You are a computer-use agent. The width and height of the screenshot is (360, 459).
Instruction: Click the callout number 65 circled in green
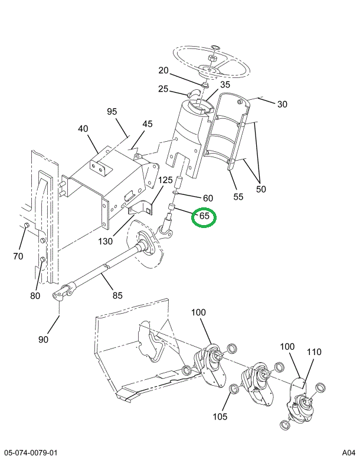pyautogui.click(x=205, y=216)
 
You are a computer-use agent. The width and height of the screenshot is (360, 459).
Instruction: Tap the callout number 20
pyautogui.click(x=164, y=71)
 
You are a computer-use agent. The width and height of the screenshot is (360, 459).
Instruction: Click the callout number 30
pyautogui.click(x=282, y=105)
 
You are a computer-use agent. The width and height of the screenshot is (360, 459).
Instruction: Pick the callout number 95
pyautogui.click(x=113, y=112)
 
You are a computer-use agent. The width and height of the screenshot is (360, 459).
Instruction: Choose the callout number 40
pyautogui.click(x=83, y=129)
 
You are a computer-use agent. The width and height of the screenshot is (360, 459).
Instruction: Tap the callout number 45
pyautogui.click(x=147, y=124)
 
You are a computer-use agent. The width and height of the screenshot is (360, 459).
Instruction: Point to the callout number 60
pyautogui.click(x=208, y=198)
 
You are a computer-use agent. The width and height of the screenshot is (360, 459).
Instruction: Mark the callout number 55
pyautogui.click(x=238, y=197)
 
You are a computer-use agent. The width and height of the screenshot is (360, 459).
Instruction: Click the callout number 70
pyautogui.click(x=18, y=256)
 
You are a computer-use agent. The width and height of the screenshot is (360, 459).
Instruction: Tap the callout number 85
pyautogui.click(x=117, y=295)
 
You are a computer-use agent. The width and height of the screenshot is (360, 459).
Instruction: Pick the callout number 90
pyautogui.click(x=44, y=339)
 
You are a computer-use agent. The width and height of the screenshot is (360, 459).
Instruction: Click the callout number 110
pyautogui.click(x=314, y=352)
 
